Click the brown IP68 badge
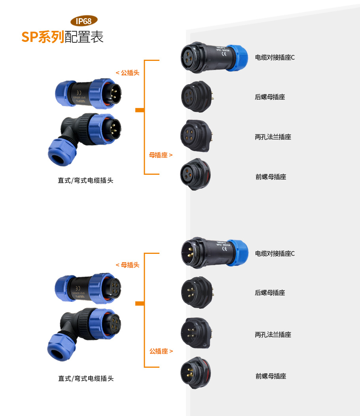[84, 21]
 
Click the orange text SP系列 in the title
[43, 37]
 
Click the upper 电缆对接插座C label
[275, 58]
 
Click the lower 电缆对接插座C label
[275, 253]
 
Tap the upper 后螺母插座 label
[270, 97]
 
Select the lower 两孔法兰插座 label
[273, 335]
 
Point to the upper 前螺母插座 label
[271, 177]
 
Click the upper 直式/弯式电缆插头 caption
[85, 180]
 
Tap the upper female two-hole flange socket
[197, 136]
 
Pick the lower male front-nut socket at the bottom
[196, 373]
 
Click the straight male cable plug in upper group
[88, 94]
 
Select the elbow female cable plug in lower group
[84, 334]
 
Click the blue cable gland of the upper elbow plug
[62, 152]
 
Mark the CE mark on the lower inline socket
[225, 249]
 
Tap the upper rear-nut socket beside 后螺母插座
[197, 96]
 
